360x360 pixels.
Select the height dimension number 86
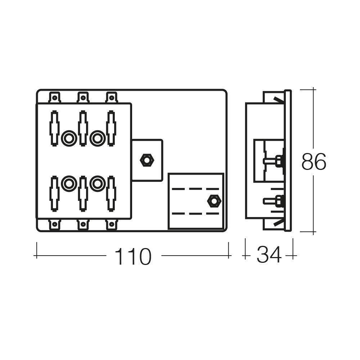click(x=314, y=162)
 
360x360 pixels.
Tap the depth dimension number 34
click(x=269, y=256)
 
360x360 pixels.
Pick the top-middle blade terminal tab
click(x=83, y=97)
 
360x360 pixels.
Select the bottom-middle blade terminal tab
click(x=83, y=225)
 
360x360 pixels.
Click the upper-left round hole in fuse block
click(x=68, y=138)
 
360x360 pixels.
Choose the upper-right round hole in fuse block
click(x=96, y=138)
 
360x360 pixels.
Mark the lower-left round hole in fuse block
click(x=68, y=184)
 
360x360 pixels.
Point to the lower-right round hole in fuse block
click(x=96, y=184)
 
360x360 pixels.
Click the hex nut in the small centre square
click(x=147, y=160)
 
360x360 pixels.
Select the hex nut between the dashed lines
click(x=214, y=201)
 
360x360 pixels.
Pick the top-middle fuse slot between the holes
click(x=83, y=128)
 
